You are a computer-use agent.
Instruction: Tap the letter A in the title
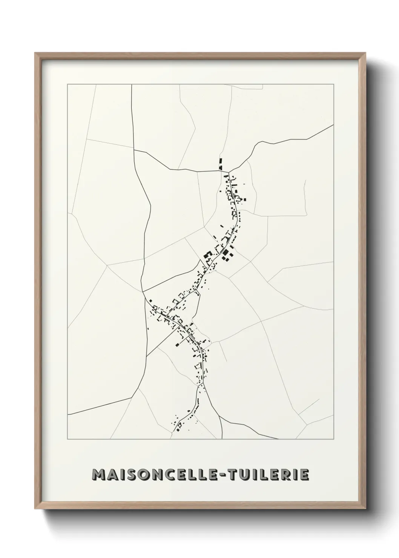pos(115,475)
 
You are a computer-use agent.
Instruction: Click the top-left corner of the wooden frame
pos(35,53)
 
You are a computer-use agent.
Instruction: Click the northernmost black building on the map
pos(220,163)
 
